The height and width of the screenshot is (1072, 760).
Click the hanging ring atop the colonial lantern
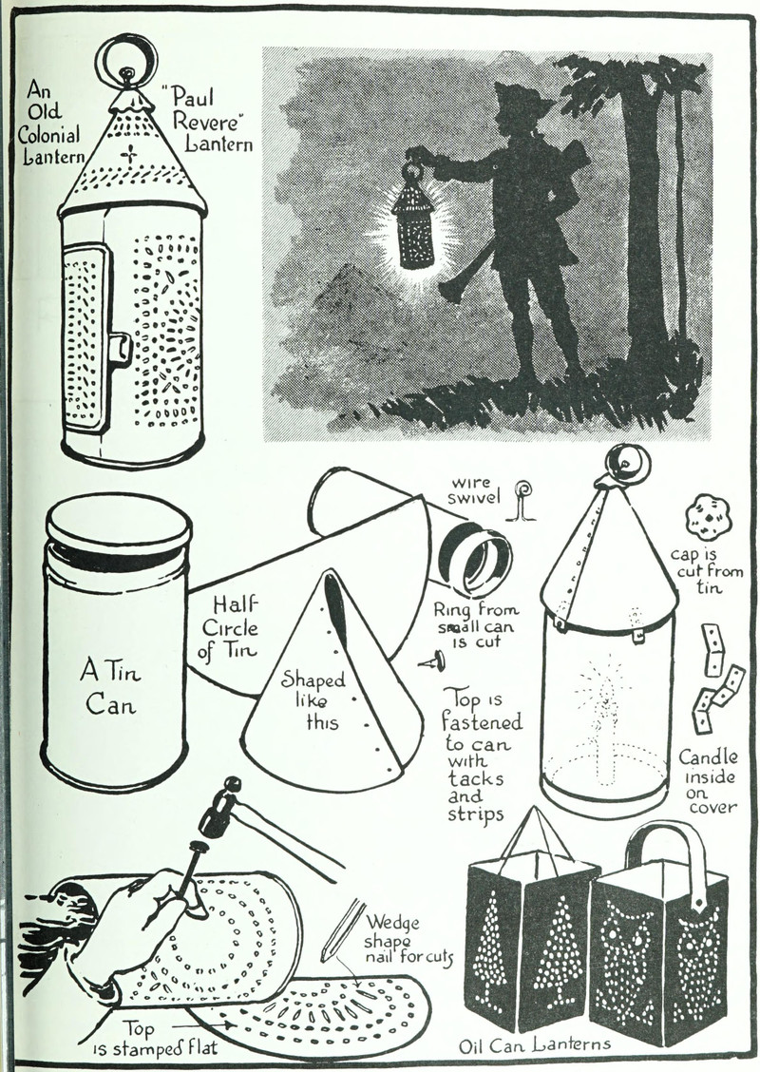coord(125,44)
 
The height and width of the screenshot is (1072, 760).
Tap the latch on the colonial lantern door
coord(122,347)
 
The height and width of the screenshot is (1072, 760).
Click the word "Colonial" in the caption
coord(48,133)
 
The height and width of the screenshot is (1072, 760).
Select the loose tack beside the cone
coord(432,661)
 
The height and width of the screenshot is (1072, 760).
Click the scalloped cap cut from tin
coord(708,518)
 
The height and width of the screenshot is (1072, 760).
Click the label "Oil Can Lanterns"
coord(535,1044)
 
